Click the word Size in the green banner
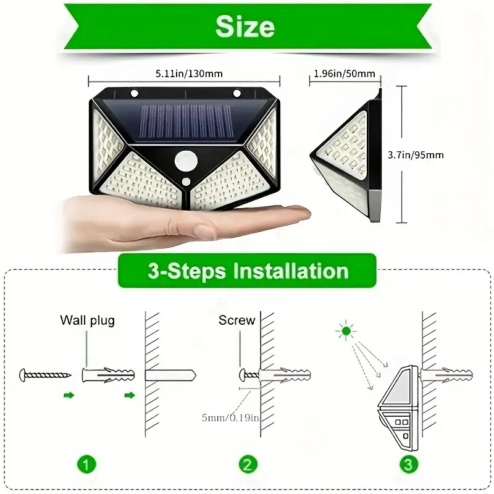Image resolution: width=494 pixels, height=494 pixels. click(x=245, y=27)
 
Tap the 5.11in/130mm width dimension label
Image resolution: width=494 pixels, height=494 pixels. click(x=183, y=74)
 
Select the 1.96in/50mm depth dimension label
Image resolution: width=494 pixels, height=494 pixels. click(x=344, y=74)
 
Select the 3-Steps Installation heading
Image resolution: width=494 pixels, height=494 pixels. click(x=247, y=272)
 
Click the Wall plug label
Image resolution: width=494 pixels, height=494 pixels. click(x=87, y=320)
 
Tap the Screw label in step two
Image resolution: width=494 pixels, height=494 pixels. click(x=237, y=320)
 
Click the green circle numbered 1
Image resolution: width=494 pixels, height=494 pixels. click(x=87, y=464)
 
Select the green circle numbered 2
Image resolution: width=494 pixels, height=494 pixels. click(x=248, y=464)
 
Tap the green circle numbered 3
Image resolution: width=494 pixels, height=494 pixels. click(x=408, y=464)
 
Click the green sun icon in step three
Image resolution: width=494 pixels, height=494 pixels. click(x=346, y=332)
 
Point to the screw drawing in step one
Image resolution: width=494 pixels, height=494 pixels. click(x=46, y=374)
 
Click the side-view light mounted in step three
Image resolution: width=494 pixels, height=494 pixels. click(x=398, y=411)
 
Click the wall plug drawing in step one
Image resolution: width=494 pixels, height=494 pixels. click(x=107, y=374)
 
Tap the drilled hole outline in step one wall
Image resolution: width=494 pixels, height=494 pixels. click(x=170, y=375)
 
